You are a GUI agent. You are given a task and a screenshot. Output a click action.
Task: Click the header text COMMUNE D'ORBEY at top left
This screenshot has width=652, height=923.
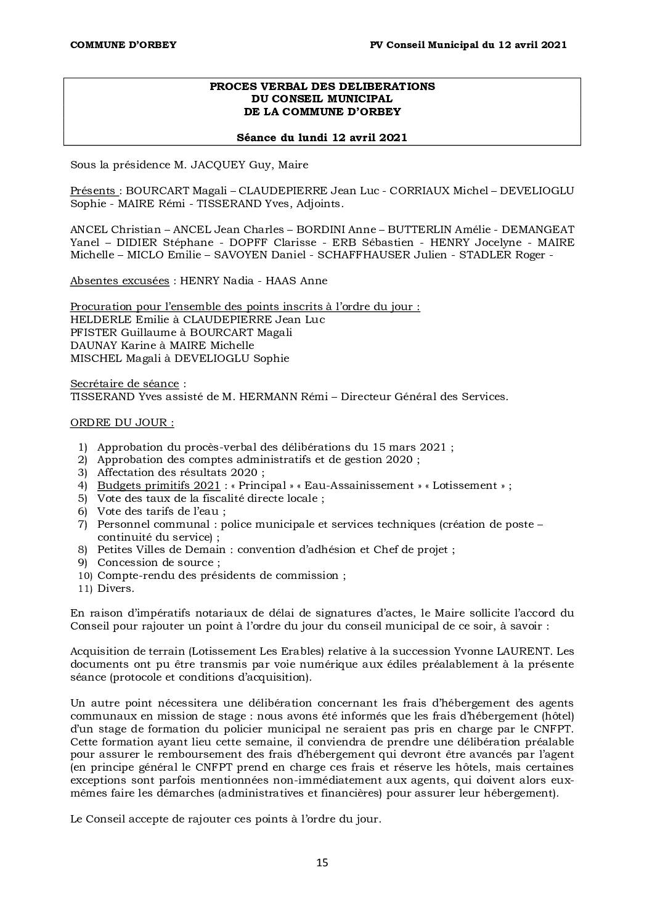pos(123,44)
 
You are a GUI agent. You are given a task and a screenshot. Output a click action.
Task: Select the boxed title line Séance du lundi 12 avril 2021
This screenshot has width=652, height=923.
pos(322,137)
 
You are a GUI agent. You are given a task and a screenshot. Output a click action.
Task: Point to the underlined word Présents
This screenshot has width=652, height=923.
pos(92,191)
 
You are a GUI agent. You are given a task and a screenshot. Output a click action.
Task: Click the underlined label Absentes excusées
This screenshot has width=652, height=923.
pos(120,281)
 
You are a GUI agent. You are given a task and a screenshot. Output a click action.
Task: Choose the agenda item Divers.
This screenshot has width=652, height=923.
pos(115,588)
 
